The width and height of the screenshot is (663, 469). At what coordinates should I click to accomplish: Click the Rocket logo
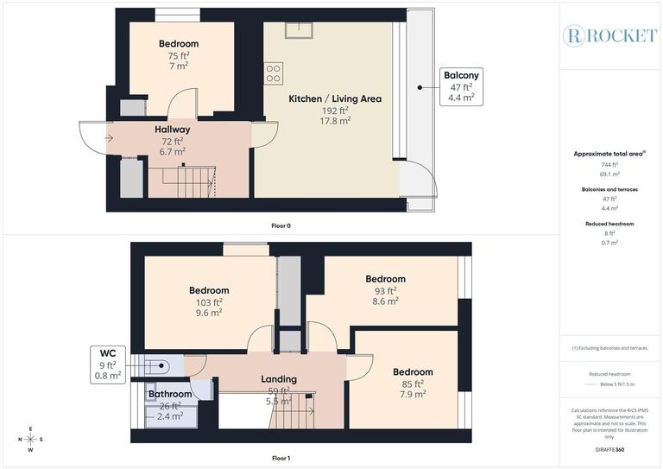[x=609, y=35]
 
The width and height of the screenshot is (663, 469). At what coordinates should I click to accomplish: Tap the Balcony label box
[x=461, y=86]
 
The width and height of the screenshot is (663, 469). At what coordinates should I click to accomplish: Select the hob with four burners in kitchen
[x=274, y=73]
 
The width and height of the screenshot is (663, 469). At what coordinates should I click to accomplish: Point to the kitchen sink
[x=299, y=30]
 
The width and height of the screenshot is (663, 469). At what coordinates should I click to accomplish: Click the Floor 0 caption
[x=281, y=225]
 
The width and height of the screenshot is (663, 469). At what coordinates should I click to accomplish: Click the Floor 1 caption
[x=281, y=457]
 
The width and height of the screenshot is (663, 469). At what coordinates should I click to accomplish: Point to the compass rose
[x=30, y=439]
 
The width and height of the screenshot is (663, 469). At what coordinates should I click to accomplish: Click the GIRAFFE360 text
[x=609, y=450]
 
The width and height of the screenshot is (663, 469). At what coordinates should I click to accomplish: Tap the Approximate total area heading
[x=609, y=154]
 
